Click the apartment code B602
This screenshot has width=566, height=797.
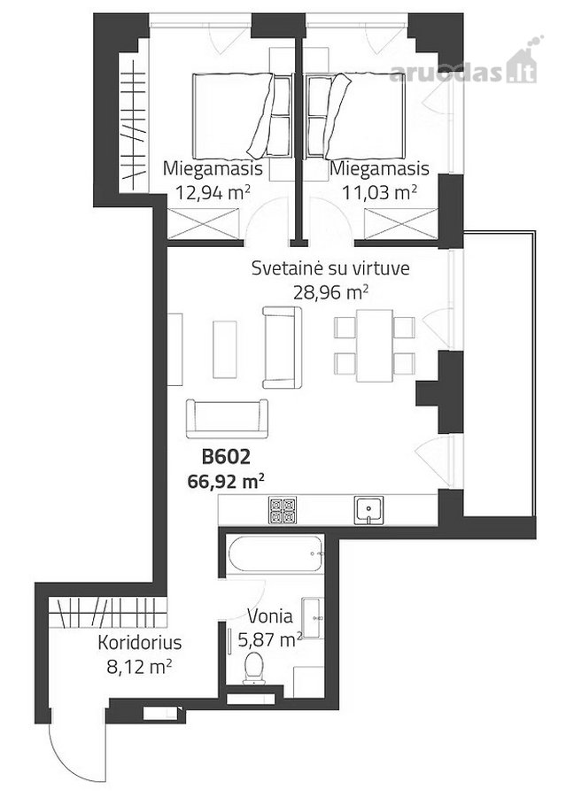tap(226, 456)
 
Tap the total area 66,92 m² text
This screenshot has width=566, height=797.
tap(226, 481)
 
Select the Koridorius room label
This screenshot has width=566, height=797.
tap(139, 643)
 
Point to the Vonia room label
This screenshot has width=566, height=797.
tap(270, 616)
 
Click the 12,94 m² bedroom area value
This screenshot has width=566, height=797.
tap(213, 193)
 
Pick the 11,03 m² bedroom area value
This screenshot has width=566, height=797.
tap(379, 193)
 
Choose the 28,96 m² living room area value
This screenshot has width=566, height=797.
tap(330, 292)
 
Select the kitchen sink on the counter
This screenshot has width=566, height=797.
tap(368, 510)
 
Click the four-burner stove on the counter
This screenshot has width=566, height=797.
tap(283, 510)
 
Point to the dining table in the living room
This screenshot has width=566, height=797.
tap(375, 345)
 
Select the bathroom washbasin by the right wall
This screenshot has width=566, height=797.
tap(312, 618)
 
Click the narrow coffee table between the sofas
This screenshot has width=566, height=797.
tap(225, 349)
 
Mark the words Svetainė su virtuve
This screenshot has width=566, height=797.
tap(330, 267)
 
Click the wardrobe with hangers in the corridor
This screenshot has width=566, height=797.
tap(108, 613)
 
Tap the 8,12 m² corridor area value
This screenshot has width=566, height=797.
tap(139, 667)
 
